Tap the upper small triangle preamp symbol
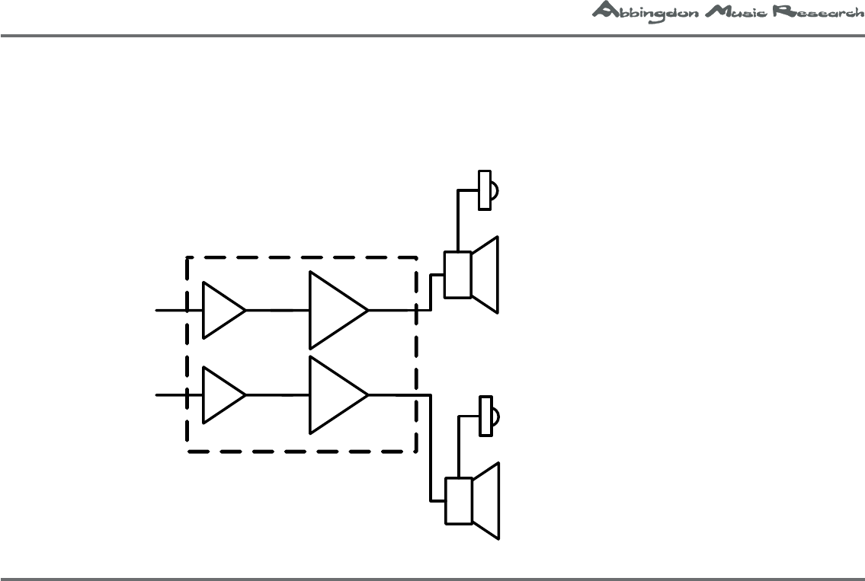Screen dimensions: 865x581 [x=221, y=310]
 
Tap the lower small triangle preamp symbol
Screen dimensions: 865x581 [x=221, y=395]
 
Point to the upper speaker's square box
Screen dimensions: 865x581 [x=458, y=275]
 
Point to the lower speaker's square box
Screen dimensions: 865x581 [x=458, y=501]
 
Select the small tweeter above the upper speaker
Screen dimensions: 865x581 [x=485, y=190]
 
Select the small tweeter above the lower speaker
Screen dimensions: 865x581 [x=485, y=416]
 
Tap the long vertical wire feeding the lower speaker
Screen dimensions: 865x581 [x=432, y=449]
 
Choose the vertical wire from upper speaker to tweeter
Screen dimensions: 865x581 [x=457, y=221]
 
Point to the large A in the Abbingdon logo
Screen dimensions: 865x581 [x=603, y=10]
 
